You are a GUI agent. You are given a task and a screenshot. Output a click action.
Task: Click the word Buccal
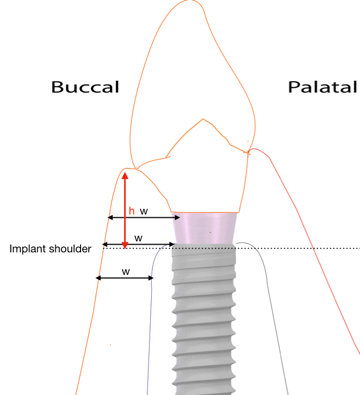pyautogui.click(x=85, y=87)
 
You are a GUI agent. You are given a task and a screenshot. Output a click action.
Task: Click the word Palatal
pyautogui.click(x=323, y=87)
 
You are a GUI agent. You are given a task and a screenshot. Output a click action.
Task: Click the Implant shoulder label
pyautogui.click(x=50, y=249)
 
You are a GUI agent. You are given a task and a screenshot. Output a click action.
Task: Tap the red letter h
pyautogui.click(x=132, y=211)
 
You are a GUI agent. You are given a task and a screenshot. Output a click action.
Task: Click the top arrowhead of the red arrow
pyautogui.click(x=125, y=176)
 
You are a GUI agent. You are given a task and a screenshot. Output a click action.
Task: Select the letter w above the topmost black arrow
pyautogui.click(x=144, y=211)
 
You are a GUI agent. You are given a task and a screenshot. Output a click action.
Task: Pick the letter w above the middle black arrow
pyautogui.click(x=139, y=238)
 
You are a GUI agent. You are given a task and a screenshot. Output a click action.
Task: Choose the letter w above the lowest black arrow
pyautogui.click(x=125, y=271)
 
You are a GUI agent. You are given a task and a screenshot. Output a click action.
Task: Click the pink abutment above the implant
pyautogui.click(x=204, y=228)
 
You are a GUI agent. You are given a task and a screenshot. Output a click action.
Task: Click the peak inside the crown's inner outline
pyautogui.click(x=204, y=119)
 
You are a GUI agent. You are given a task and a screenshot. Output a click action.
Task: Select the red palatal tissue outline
pyautogui.click(x=307, y=230)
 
